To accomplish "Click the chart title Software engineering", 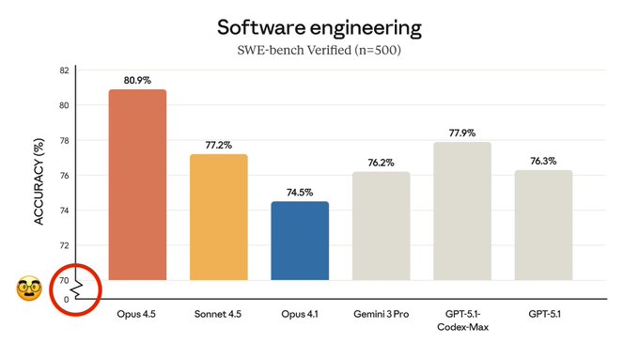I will (319, 24).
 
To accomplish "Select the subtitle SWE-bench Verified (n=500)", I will (319, 49).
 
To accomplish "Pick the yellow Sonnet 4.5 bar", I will (218, 217).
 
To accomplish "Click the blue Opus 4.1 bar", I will (300, 241).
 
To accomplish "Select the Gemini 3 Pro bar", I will (381, 226).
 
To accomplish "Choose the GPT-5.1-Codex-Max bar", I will (461, 211).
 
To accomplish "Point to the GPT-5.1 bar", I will (543, 225).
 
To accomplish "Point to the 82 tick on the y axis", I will (63, 70).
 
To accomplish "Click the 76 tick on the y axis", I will (63, 176).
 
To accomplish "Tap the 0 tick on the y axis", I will (66, 300).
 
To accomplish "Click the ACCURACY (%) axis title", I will (39, 182).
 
